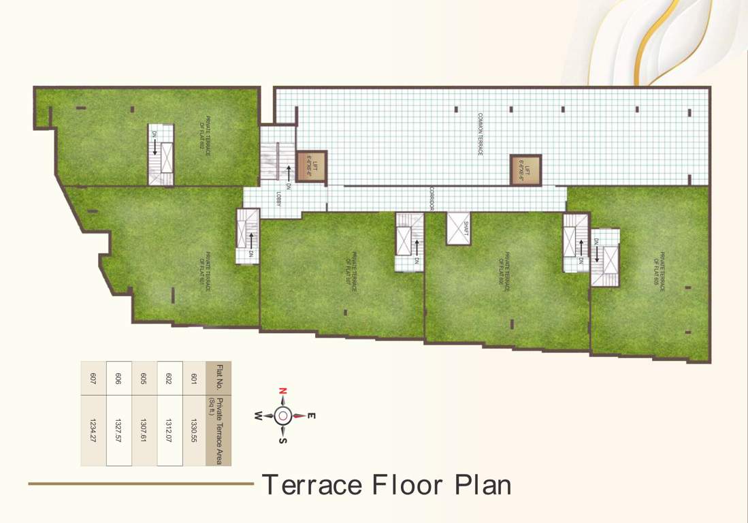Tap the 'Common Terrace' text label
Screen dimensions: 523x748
click(x=480, y=134)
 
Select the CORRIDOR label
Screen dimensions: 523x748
click(x=432, y=198)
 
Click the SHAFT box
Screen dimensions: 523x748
click(x=459, y=228)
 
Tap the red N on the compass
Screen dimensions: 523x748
click(x=282, y=392)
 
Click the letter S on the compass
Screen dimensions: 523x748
click(x=283, y=440)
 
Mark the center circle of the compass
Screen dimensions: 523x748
click(x=283, y=415)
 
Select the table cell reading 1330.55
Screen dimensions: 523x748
click(x=194, y=430)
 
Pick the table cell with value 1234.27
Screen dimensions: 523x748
click(x=93, y=430)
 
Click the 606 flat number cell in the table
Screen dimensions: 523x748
click(x=118, y=379)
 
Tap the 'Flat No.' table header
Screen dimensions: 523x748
click(x=219, y=379)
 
